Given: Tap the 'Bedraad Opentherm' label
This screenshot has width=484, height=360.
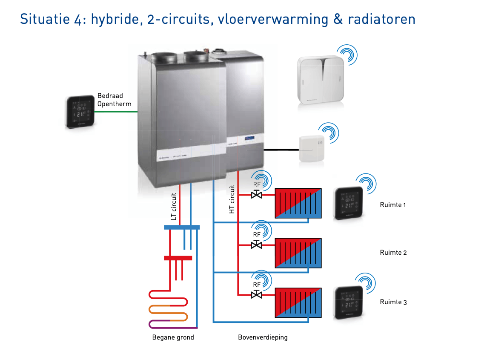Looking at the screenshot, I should point(114,100).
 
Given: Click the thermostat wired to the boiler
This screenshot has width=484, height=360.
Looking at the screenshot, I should point(80,112).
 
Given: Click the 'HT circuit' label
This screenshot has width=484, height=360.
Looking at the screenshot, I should point(232,199).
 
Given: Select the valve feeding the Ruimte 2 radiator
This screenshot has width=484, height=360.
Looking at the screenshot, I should point(257,245).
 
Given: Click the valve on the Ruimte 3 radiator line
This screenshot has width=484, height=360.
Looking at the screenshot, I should point(257,294).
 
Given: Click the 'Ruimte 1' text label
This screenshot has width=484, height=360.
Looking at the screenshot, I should point(392,205).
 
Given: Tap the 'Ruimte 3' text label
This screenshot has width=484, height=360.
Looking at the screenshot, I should point(393,302).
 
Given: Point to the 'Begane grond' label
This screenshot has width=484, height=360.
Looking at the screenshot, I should point(173,337).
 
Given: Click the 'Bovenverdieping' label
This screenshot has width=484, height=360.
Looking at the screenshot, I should point(263,337).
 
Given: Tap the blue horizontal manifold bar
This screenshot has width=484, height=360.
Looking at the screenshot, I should point(182,227).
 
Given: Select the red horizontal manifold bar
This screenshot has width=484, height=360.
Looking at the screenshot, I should point(178,258).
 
